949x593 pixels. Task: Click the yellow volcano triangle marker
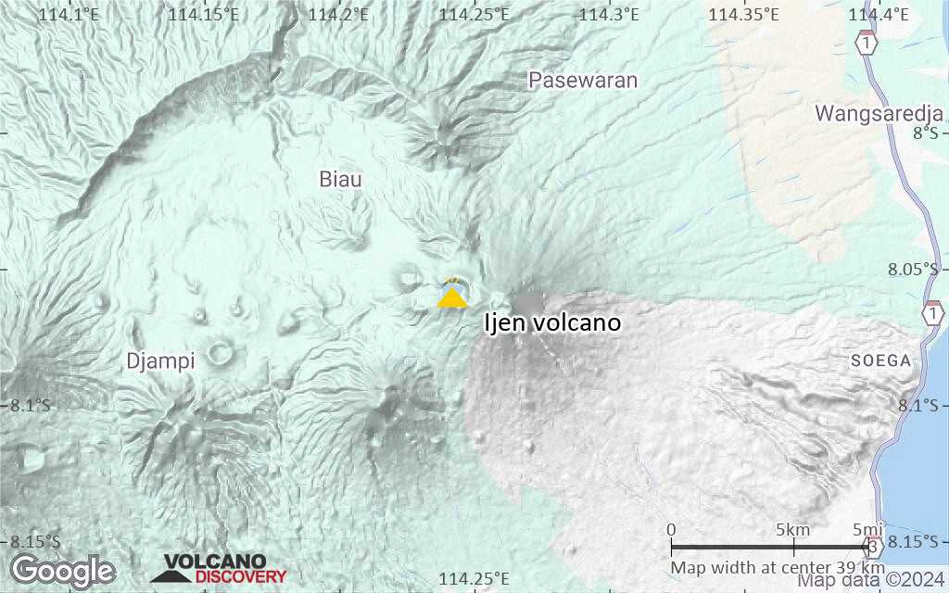point(452,297)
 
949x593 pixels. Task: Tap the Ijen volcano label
point(552,323)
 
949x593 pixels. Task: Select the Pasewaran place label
point(583,81)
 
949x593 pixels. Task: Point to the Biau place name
point(340,179)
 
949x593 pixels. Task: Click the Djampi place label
point(160,361)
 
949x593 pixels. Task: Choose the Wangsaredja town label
point(879,113)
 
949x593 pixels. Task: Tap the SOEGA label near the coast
point(881,361)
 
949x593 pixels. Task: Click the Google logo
point(63,570)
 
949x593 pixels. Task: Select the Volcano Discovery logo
point(219,569)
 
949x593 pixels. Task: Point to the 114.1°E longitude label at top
point(69,14)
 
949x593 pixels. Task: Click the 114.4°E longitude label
point(878,14)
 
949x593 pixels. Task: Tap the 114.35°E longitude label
point(742,14)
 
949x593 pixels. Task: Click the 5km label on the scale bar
point(793,530)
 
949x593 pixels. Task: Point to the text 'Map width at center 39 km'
point(778,567)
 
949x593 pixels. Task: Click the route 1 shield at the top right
point(867,44)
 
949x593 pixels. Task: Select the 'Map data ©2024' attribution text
point(873,581)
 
